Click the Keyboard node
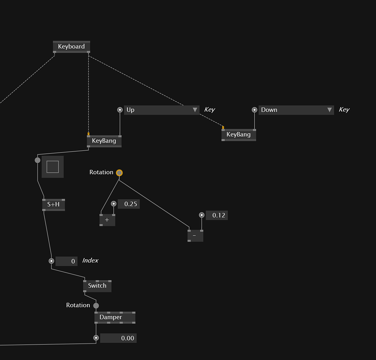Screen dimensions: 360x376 pos(71,47)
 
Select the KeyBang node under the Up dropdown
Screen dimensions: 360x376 pos(104,141)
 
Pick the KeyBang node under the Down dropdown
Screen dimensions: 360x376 pos(238,135)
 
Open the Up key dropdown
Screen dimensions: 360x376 pos(162,110)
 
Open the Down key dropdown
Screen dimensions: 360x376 pos(296,110)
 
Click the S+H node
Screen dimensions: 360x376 pos(54,205)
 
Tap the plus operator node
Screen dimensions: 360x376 pos(107,220)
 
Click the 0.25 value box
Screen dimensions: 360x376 pos(129,204)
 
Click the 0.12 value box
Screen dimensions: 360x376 pos(217,216)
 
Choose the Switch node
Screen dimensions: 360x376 pos(97,286)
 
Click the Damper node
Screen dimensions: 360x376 pos(115,318)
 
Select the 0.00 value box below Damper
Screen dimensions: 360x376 pos(118,338)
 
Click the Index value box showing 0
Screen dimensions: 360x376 pos(67,261)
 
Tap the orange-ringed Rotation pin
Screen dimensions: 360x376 pos(119,173)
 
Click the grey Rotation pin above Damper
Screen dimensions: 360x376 pos(96,305)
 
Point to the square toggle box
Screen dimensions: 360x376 pos(53,167)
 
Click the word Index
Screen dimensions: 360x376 pos(90,261)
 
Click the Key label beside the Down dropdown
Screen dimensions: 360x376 pos(344,110)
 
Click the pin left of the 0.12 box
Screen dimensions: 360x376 pos(202,215)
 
